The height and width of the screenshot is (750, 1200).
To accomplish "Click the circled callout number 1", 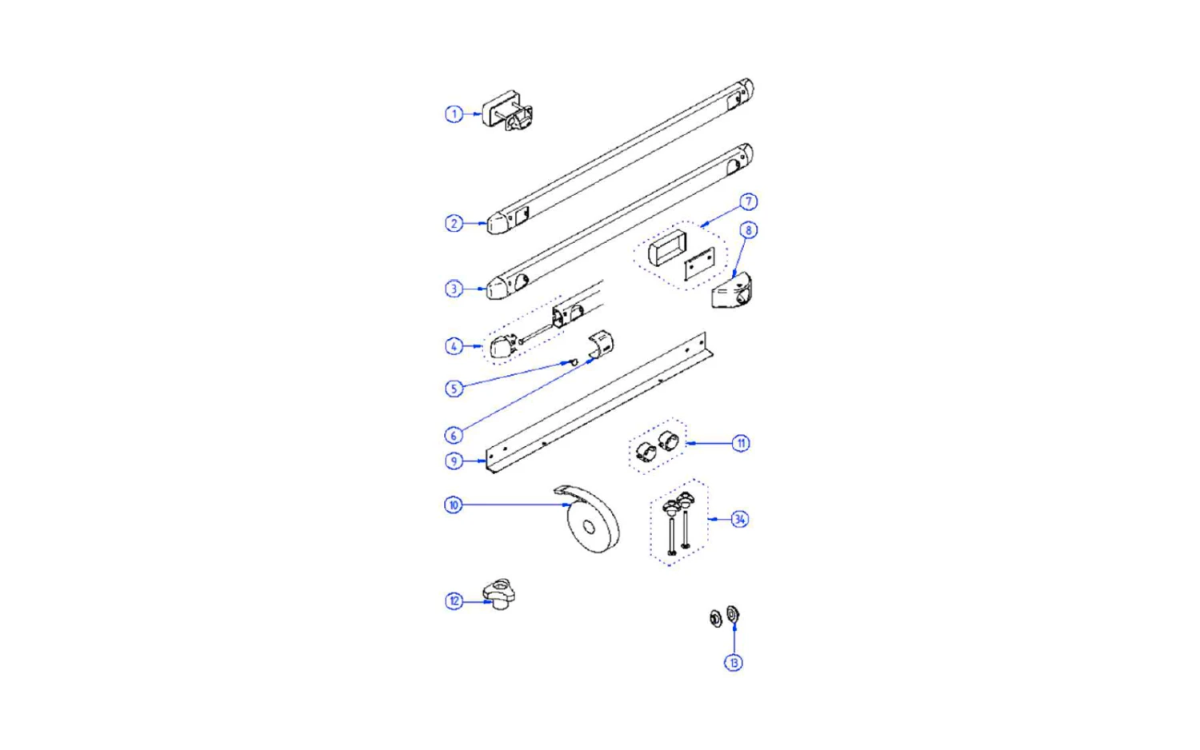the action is (454, 114).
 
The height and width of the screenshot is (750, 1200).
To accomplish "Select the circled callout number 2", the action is (454, 223).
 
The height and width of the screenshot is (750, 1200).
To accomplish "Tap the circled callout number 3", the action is (454, 289).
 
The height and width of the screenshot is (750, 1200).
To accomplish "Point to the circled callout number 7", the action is (748, 201).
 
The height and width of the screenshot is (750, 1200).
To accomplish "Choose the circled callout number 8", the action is (748, 230).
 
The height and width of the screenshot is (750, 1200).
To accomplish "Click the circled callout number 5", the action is (454, 389).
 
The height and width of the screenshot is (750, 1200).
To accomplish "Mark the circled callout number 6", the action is (454, 436).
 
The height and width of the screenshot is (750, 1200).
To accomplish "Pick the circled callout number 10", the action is (454, 505).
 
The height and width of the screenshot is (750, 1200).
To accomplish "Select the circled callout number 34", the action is (740, 519).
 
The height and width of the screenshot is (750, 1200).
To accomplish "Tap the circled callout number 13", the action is (734, 663).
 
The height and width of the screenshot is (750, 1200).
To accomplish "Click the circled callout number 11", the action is (741, 443).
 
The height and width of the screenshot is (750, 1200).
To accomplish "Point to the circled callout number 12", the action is (454, 601).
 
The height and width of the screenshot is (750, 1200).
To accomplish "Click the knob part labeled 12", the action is (498, 594).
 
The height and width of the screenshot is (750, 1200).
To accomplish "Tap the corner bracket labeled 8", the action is (731, 290).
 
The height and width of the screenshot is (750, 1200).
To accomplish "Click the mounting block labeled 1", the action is (507, 110).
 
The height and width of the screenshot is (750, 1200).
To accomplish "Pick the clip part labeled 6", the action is (601, 345).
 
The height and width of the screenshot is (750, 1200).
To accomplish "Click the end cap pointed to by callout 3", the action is (498, 288).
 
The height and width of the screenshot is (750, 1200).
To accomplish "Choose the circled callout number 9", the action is (454, 461).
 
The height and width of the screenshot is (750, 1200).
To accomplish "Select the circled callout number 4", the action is (454, 346).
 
